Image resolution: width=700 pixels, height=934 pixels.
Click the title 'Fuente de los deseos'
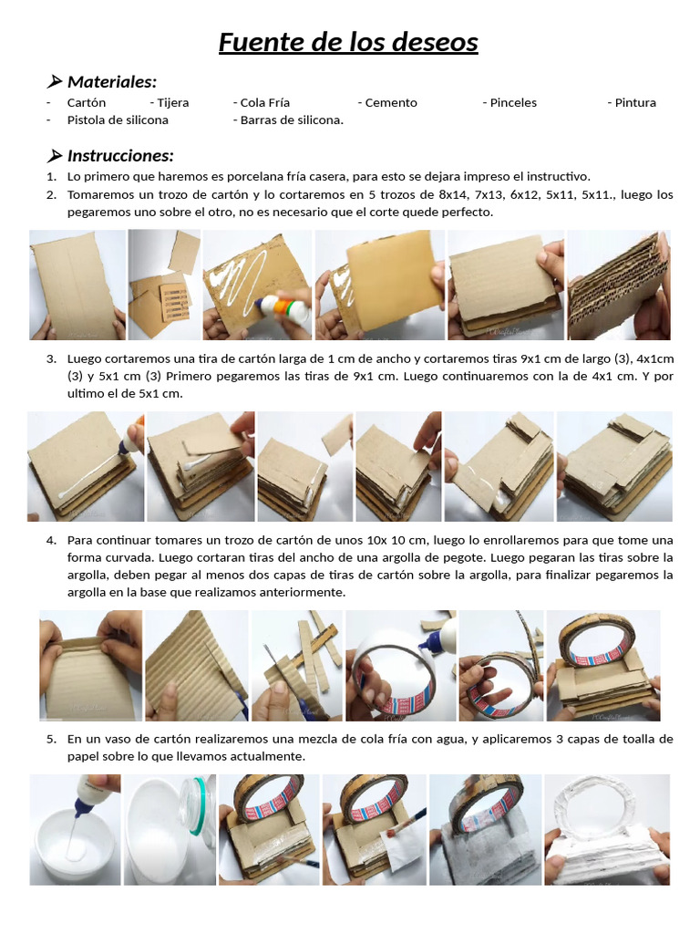point(348,42)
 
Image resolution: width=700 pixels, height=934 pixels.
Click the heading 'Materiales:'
point(112,81)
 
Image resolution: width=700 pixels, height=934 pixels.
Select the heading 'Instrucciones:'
point(120,155)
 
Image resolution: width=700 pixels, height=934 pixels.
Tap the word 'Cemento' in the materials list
point(391,102)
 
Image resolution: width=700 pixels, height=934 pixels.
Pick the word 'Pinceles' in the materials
point(513,102)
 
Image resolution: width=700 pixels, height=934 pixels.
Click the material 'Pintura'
point(635,102)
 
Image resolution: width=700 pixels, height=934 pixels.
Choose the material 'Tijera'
point(173,102)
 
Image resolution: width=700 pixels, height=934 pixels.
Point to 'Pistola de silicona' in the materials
point(118,119)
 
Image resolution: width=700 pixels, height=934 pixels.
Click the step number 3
point(52,358)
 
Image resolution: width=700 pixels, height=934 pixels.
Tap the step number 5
point(52,739)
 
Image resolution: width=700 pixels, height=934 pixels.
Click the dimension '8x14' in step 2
point(454,194)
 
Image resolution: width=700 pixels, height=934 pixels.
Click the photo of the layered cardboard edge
point(619,285)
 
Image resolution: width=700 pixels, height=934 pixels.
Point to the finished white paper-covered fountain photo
point(607,829)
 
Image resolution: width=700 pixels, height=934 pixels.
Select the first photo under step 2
point(77,285)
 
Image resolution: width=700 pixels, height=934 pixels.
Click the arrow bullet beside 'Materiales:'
point(54,81)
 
